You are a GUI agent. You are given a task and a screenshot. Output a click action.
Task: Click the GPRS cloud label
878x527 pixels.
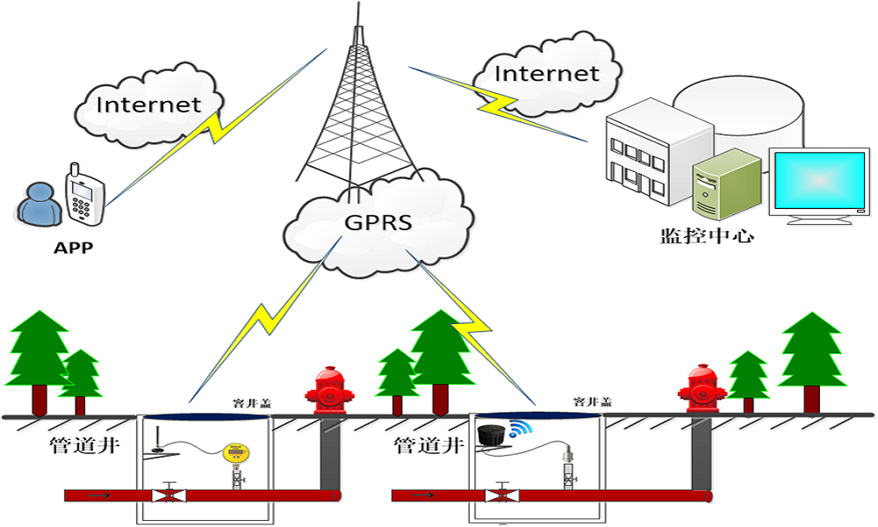point(378,223)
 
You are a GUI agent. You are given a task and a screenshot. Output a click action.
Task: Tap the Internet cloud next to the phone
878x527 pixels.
point(148,105)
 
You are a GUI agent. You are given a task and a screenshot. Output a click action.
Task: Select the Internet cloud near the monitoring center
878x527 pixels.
point(545,74)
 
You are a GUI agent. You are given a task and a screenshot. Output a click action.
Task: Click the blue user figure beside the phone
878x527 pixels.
point(37,205)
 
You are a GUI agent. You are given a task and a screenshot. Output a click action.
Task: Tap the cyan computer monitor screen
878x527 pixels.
point(818,181)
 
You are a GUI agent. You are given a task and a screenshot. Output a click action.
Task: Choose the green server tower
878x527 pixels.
point(725,184)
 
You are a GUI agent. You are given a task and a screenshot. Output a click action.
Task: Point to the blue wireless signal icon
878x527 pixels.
point(520,430)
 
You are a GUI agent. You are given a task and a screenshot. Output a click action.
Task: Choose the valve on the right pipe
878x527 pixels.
point(501,495)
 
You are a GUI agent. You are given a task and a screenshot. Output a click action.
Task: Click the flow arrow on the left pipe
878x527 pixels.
point(98,496)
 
